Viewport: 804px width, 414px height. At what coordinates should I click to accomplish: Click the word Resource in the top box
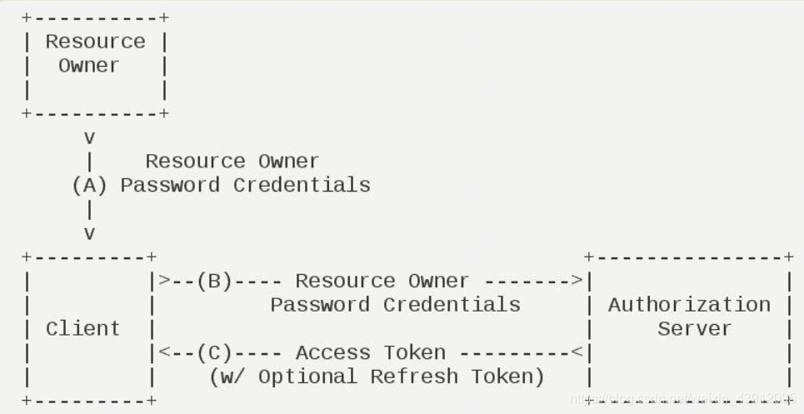coord(95,42)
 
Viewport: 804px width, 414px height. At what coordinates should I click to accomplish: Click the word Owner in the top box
coord(88,65)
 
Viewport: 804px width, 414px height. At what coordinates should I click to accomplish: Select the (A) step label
coord(89,185)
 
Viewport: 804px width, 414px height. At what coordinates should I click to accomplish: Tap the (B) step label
coord(214,281)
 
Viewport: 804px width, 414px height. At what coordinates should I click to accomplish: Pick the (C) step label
coord(214,353)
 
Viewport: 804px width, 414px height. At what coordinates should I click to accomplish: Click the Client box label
coord(82,328)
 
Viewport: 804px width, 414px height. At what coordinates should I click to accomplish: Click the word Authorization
coord(689,305)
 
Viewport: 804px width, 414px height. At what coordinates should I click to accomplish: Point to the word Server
coord(695,328)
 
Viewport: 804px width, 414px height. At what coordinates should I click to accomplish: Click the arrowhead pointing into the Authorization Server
coord(577,281)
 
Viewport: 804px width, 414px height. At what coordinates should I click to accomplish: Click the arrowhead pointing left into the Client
coord(164,353)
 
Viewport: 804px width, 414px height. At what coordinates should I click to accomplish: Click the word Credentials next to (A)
coord(302,185)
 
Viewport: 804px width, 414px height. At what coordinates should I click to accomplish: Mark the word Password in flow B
coord(320,305)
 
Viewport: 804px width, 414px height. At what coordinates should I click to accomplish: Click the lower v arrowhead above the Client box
coord(89,232)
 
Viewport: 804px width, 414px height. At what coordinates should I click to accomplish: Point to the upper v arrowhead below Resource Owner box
coord(89,137)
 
